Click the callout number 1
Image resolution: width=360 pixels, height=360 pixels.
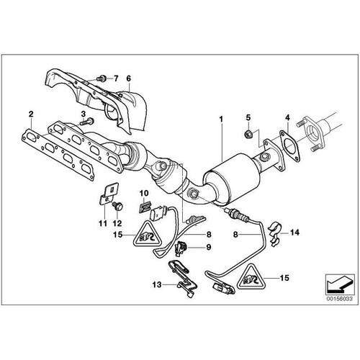222,117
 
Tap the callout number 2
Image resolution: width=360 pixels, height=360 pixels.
30,114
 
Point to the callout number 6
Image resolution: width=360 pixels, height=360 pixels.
128,78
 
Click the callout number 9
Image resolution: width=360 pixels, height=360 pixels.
209,248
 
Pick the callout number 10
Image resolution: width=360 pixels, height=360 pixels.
143,192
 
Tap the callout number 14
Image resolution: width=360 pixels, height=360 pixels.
294,233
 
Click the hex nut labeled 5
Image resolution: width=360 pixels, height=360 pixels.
246,133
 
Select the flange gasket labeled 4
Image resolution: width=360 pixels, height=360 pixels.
289,146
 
